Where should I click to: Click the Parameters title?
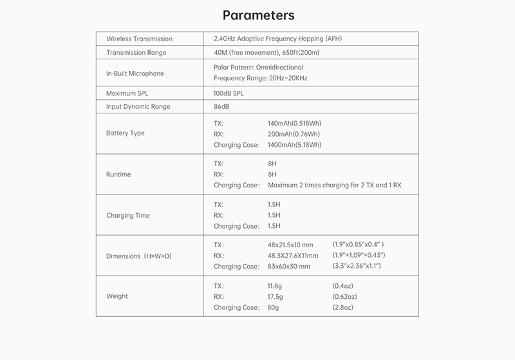coord(258,15)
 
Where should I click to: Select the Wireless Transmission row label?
coord(139,39)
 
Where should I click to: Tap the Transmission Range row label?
coord(136,53)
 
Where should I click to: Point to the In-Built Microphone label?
coord(135,73)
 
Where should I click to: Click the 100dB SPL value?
coord(229,93)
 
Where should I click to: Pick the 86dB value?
coord(222,106)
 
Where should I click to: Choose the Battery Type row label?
coord(125,133)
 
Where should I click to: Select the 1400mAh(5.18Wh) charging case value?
coord(294,145)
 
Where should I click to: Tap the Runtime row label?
coord(118,175)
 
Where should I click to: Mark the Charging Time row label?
coord(127,216)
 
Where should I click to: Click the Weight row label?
coord(117,296)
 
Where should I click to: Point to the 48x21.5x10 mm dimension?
coord(290,245)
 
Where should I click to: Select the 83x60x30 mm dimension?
coord(289,267)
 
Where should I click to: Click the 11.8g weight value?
coord(276,285)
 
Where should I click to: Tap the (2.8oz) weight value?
coord(342,308)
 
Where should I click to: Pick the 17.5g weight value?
coord(276,297)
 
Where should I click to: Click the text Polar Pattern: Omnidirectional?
coord(258,67)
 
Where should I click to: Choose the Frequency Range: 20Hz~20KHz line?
coord(260,78)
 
